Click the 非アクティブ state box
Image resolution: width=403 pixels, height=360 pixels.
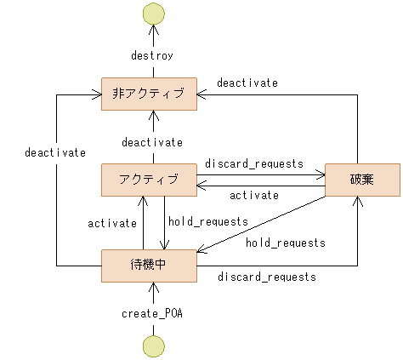point(149,94)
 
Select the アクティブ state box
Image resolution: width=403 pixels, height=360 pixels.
point(149,179)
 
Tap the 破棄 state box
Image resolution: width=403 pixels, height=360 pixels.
point(361,179)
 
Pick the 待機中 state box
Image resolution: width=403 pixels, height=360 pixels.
point(149,265)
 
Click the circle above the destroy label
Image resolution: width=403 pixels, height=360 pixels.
point(153,14)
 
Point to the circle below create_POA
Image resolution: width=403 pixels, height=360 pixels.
point(153,345)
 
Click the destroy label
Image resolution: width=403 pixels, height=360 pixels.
point(153,55)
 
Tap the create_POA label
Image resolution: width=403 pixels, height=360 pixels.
point(153,313)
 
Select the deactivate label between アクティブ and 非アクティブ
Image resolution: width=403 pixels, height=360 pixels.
point(152,141)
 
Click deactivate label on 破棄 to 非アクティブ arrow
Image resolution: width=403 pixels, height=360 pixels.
point(247,83)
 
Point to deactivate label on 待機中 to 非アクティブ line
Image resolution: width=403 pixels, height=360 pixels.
point(55,152)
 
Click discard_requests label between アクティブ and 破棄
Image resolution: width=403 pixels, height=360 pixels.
point(254,163)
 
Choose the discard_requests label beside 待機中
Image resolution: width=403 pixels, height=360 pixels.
point(267,277)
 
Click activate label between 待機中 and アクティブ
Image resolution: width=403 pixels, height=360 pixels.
point(112,223)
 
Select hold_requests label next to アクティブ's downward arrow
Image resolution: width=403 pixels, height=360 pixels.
point(208,221)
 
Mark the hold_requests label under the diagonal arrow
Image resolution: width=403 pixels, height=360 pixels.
point(286,243)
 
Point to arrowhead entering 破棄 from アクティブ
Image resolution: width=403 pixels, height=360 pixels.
point(321,175)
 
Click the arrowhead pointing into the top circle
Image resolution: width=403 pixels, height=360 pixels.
point(153,29)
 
